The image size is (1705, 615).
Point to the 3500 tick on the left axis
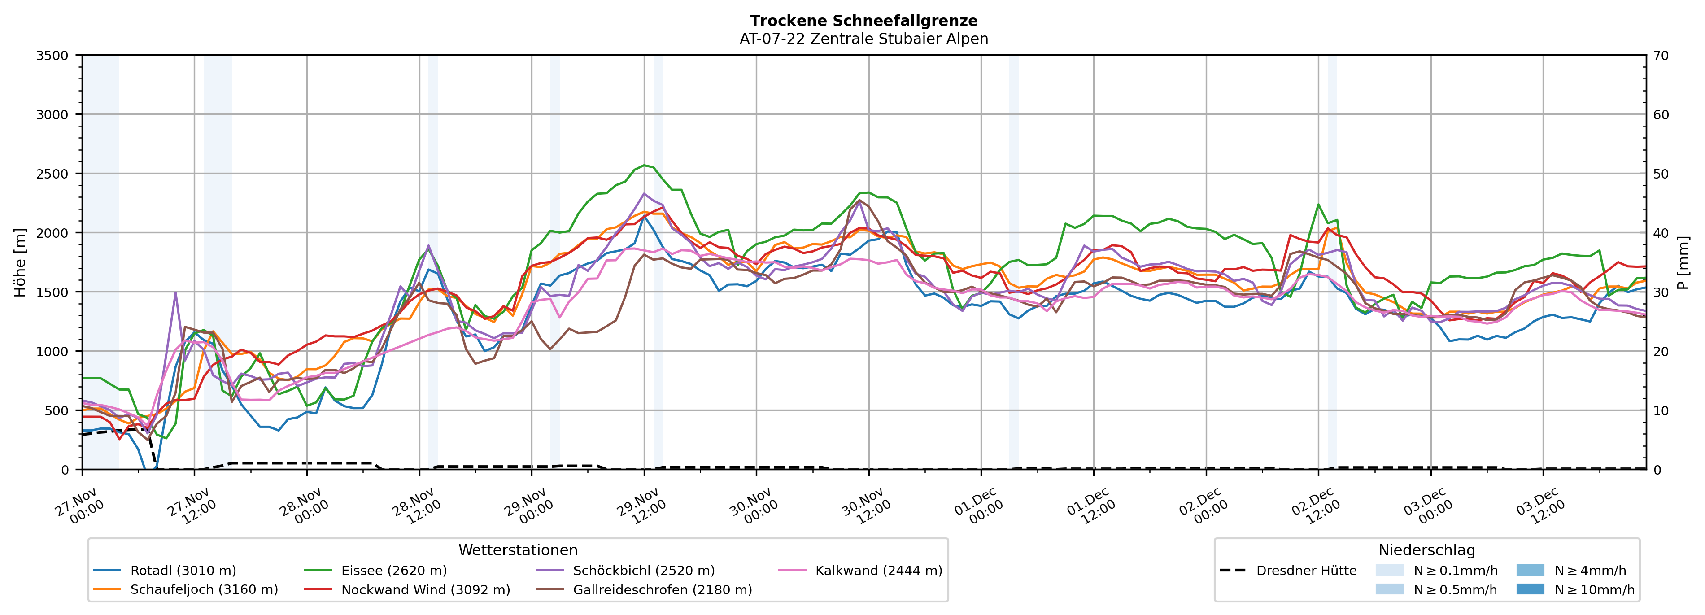click(x=52, y=56)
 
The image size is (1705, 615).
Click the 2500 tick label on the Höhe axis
click(x=52, y=174)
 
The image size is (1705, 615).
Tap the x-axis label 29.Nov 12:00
click(x=641, y=506)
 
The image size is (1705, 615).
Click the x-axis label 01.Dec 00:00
click(x=978, y=506)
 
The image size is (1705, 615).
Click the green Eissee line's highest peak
click(x=643, y=166)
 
